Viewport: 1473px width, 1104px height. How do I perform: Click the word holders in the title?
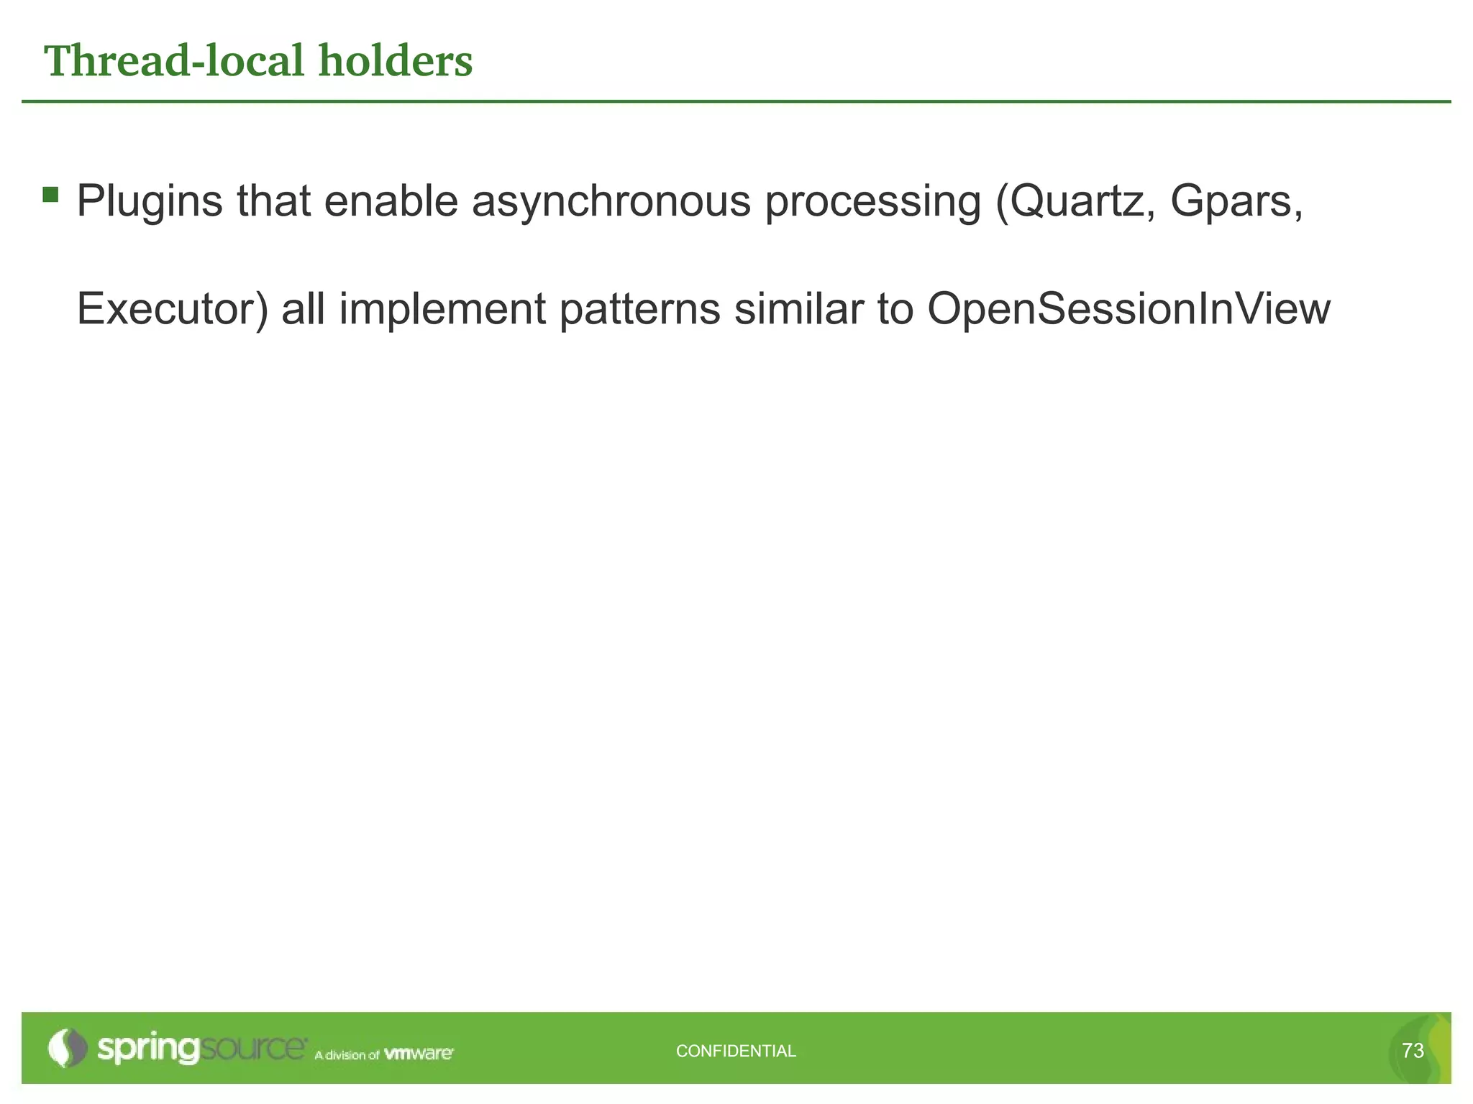click(396, 61)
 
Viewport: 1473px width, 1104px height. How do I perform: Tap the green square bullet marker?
click(50, 195)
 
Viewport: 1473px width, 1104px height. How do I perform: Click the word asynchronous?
click(611, 202)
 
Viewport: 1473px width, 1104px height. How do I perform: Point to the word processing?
click(872, 202)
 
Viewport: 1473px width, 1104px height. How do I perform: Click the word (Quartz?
click(1075, 202)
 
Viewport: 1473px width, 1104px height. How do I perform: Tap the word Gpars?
click(1236, 202)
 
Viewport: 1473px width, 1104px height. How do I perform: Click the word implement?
click(442, 310)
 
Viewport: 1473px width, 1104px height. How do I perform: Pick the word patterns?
click(639, 310)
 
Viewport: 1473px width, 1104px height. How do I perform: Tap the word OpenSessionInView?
click(1128, 310)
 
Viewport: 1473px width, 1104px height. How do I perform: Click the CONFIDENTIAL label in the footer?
click(736, 1051)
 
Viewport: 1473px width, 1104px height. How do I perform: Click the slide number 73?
click(1413, 1051)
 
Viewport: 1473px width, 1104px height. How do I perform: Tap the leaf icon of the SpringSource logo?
click(66, 1048)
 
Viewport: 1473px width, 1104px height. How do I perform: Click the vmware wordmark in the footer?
click(419, 1054)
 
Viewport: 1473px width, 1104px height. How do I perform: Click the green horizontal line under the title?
click(736, 101)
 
